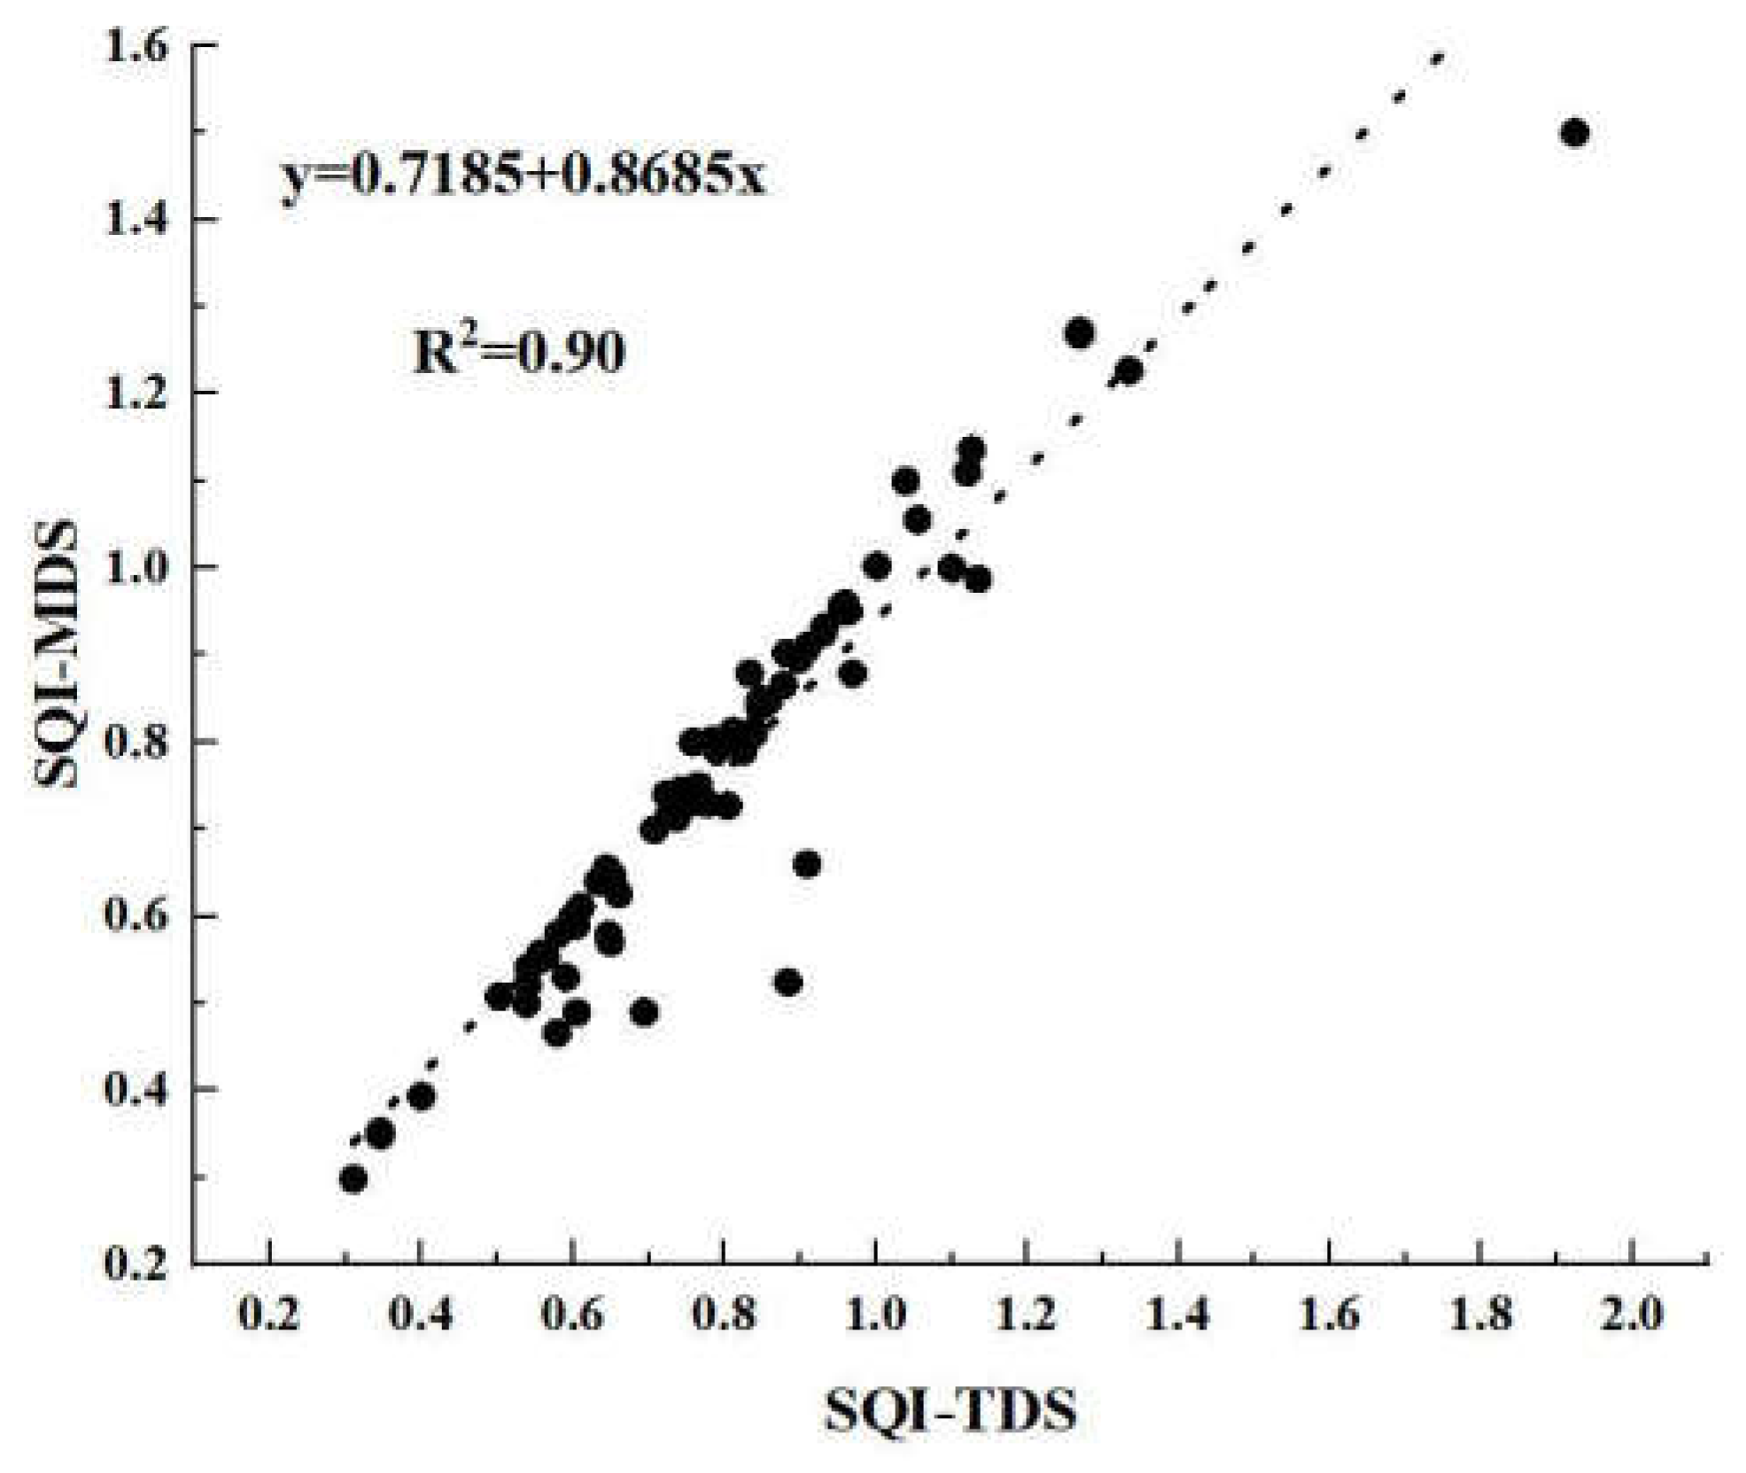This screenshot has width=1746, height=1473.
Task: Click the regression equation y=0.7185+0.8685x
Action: pyautogui.click(x=523, y=177)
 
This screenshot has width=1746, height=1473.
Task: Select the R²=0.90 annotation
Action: pyautogui.click(x=519, y=351)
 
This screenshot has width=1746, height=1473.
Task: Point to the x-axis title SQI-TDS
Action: pyautogui.click(x=951, y=1411)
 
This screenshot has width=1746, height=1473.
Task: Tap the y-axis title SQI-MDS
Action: pyautogui.click(x=57, y=653)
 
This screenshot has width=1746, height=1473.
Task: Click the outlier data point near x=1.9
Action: pyautogui.click(x=1574, y=134)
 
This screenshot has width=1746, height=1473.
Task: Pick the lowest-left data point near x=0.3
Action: pyautogui.click(x=353, y=1179)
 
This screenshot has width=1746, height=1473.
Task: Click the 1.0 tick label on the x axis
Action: pyautogui.click(x=876, y=1313)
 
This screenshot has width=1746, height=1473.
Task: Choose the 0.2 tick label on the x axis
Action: pyautogui.click(x=269, y=1313)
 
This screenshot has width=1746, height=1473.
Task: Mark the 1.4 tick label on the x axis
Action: pyautogui.click(x=1178, y=1313)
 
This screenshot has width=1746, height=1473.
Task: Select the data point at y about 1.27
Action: pyautogui.click(x=1079, y=333)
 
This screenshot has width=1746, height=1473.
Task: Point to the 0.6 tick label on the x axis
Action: pyautogui.click(x=572, y=1313)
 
